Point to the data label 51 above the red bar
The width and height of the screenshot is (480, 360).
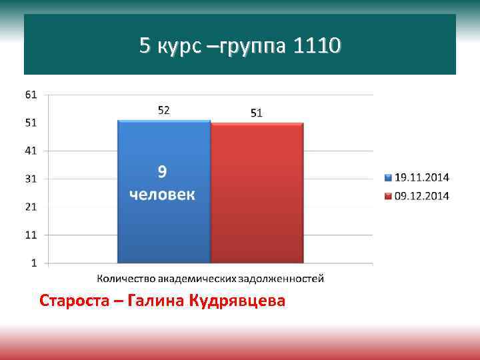point(257,113)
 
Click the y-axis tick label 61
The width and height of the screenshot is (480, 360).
point(31,95)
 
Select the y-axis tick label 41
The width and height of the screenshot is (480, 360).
point(31,151)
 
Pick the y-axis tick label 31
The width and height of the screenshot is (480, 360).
point(31,179)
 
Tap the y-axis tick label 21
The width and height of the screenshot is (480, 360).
point(31,207)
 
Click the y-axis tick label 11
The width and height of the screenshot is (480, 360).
point(31,235)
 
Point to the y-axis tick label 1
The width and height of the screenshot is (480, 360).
point(34,263)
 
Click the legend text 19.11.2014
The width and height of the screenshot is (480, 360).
point(422,177)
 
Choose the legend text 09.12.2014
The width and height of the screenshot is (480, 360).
point(422,195)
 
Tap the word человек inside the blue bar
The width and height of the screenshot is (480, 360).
point(163,195)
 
